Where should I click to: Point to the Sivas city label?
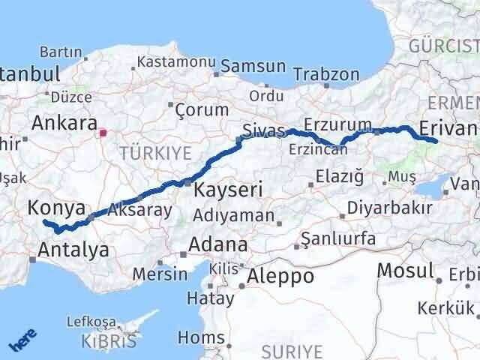(x=264, y=133)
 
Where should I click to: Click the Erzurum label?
(x=337, y=124)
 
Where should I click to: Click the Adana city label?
(x=217, y=244)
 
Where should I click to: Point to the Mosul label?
(x=406, y=270)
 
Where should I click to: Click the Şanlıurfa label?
(x=337, y=240)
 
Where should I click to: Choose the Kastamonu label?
(x=177, y=61)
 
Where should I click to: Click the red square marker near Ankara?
(x=103, y=134)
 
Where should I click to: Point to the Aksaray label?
(x=139, y=210)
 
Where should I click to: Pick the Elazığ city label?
(x=339, y=178)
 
